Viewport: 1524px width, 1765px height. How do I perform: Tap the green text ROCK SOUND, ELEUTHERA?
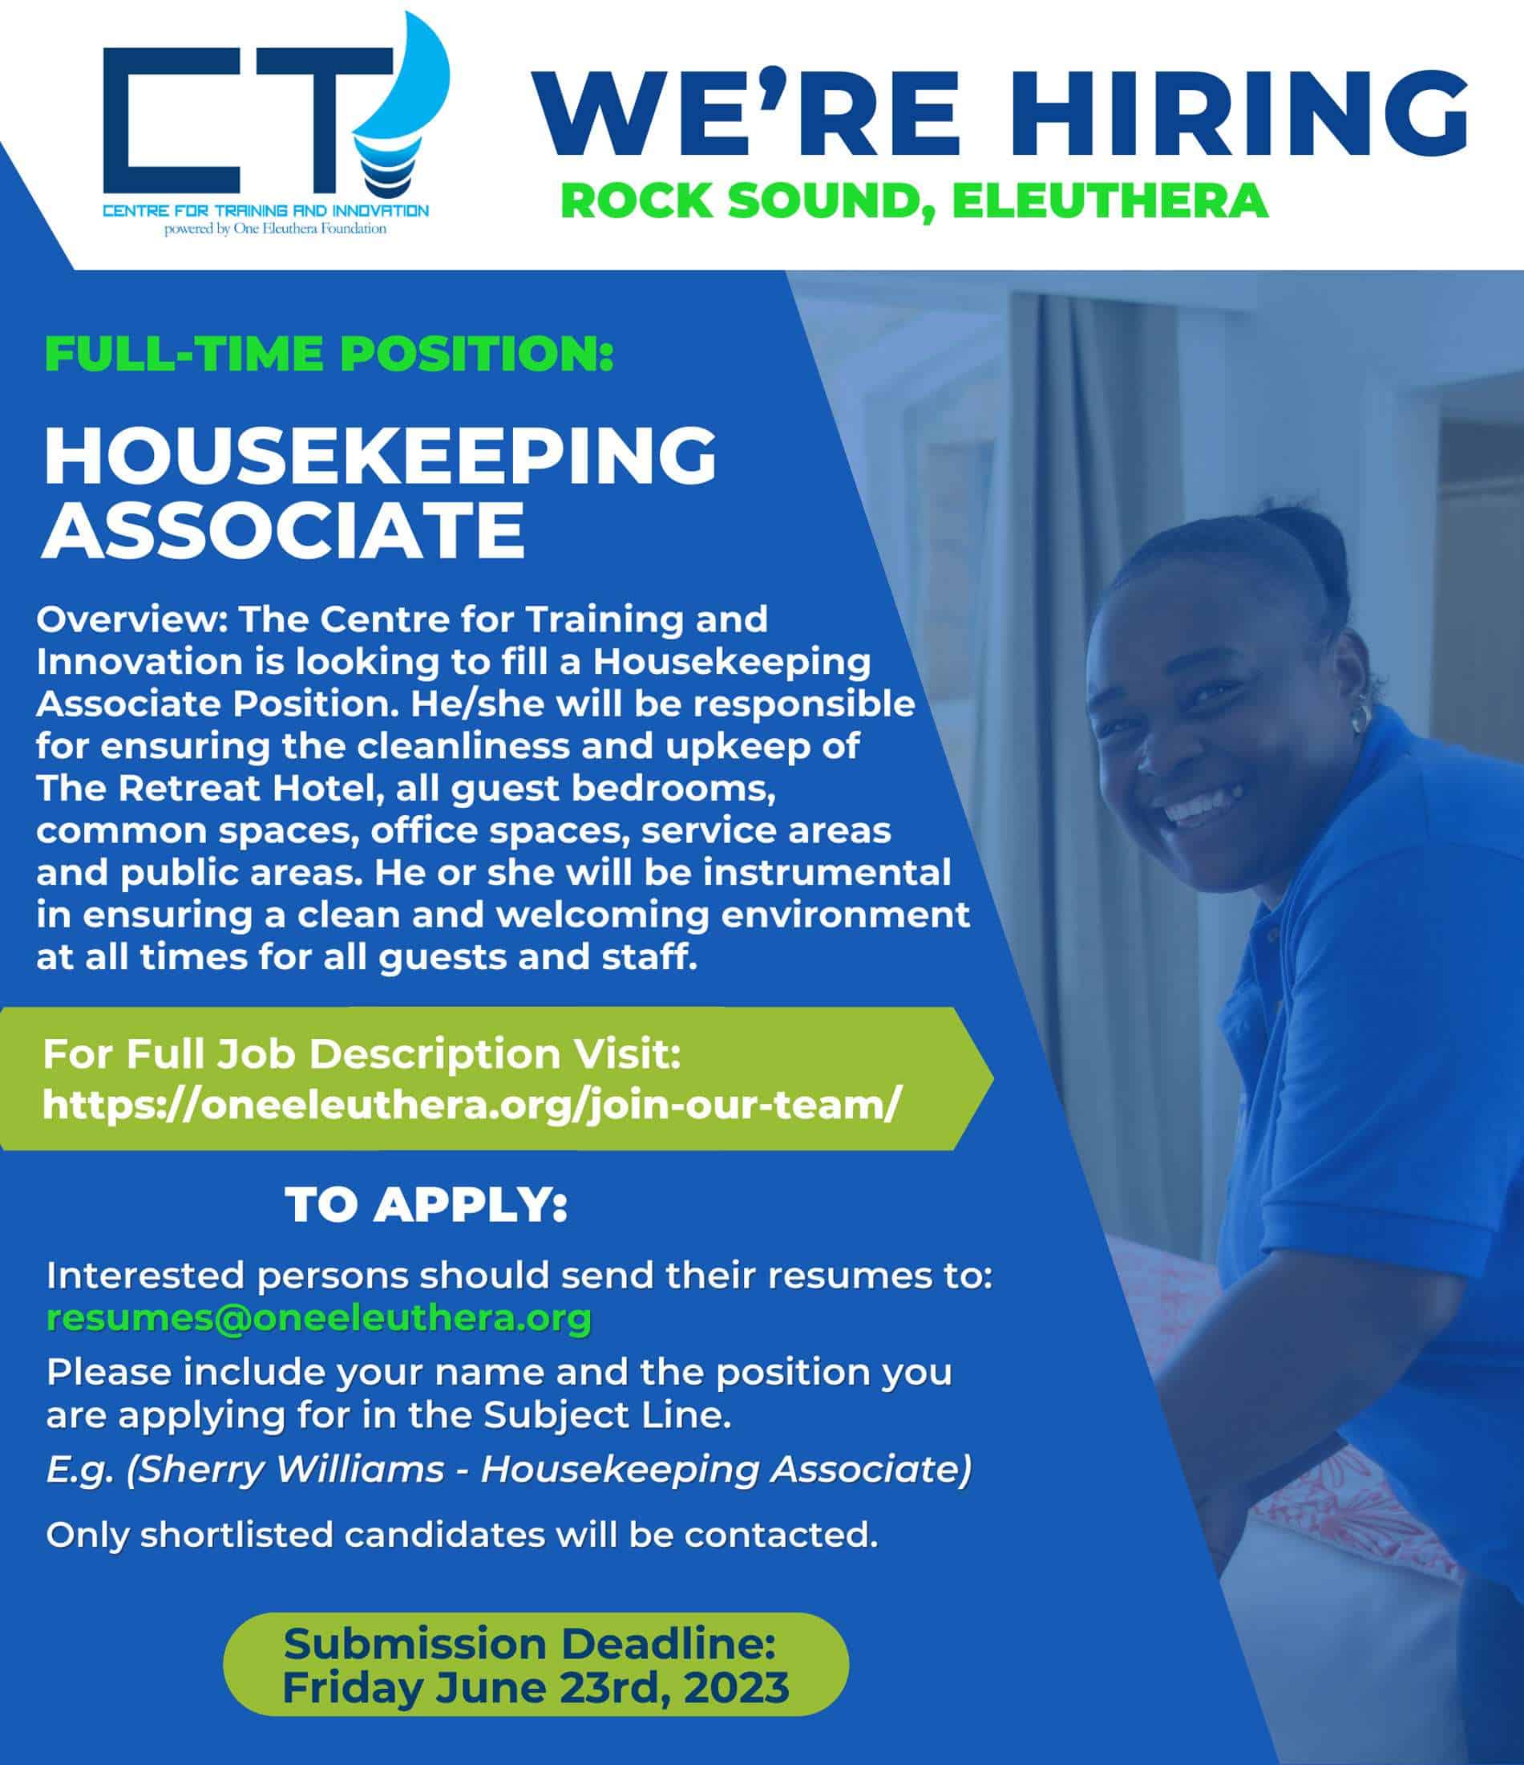click(915, 201)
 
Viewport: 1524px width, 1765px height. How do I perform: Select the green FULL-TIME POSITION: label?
click(329, 355)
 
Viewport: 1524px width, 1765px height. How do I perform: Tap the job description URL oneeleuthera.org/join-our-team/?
click(470, 1105)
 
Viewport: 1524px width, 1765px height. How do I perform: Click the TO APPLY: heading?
click(426, 1205)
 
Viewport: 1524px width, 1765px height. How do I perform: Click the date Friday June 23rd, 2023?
click(535, 1686)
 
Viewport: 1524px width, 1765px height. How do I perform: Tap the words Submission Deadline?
click(530, 1643)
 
